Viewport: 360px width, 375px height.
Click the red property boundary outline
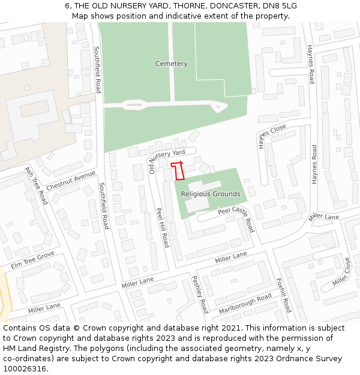point(178,171)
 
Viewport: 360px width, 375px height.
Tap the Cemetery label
point(171,64)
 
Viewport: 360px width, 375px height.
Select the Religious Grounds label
point(211,194)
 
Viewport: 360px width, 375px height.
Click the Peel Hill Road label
point(163,227)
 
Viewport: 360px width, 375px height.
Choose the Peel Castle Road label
point(236,218)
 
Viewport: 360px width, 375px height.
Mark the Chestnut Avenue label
point(71,180)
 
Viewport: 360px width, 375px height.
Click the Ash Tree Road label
point(35,185)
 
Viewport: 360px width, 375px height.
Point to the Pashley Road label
point(199,294)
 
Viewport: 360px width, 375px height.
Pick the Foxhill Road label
point(283,295)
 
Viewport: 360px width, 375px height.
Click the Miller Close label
point(341,272)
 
